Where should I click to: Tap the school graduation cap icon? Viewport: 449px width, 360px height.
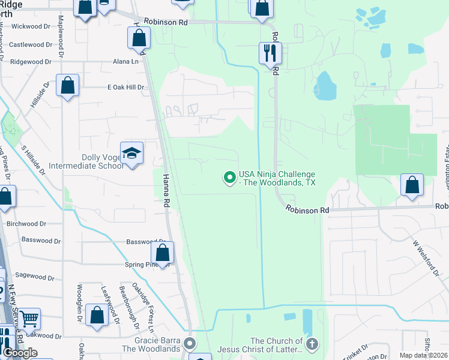click(131, 153)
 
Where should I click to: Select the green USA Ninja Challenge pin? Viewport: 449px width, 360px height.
click(229, 177)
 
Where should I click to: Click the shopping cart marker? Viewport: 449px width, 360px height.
click(28, 319)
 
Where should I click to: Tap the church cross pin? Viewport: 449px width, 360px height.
click(311, 344)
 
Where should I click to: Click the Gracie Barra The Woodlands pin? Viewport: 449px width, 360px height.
click(190, 344)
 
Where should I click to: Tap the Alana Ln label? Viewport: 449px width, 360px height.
click(125, 61)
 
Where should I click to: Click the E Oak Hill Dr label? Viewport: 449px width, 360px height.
click(126, 87)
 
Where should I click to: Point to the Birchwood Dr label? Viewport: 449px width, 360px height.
click(26, 224)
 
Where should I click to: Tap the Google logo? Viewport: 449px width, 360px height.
click(20, 353)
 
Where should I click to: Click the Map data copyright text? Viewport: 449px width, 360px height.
click(424, 355)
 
